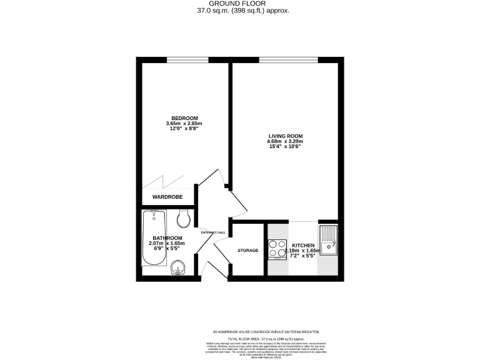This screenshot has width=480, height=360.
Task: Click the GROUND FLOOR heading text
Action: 240,4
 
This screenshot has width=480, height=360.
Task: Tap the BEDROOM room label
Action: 184,118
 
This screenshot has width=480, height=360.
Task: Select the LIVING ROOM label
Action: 285,136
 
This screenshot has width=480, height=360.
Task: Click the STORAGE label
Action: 247,251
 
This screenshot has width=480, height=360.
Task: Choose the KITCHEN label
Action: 304,246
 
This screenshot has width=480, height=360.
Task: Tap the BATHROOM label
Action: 167,238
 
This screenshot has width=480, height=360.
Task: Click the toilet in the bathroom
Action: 184,218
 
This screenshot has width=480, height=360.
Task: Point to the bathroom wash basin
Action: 178,267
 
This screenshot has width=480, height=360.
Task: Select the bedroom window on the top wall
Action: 183,61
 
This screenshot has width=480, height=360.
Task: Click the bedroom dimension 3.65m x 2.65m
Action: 184,124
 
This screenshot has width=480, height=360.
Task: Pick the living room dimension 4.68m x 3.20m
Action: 285,141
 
